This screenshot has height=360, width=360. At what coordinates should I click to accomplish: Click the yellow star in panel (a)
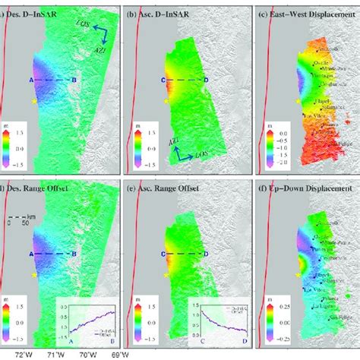(33, 100)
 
